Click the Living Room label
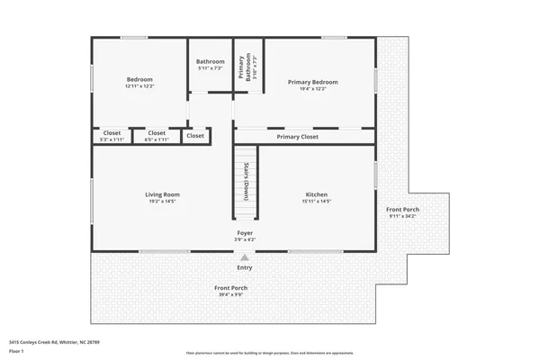point(163,194)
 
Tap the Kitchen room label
point(316,194)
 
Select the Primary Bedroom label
point(306,82)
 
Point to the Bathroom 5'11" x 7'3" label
point(210,65)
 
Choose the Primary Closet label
point(297,137)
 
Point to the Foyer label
point(245,232)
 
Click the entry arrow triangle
point(245,256)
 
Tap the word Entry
point(245,267)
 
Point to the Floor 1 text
point(18,351)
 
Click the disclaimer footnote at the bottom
point(270,353)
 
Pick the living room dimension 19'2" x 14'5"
point(163,202)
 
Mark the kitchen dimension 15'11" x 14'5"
point(316,202)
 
